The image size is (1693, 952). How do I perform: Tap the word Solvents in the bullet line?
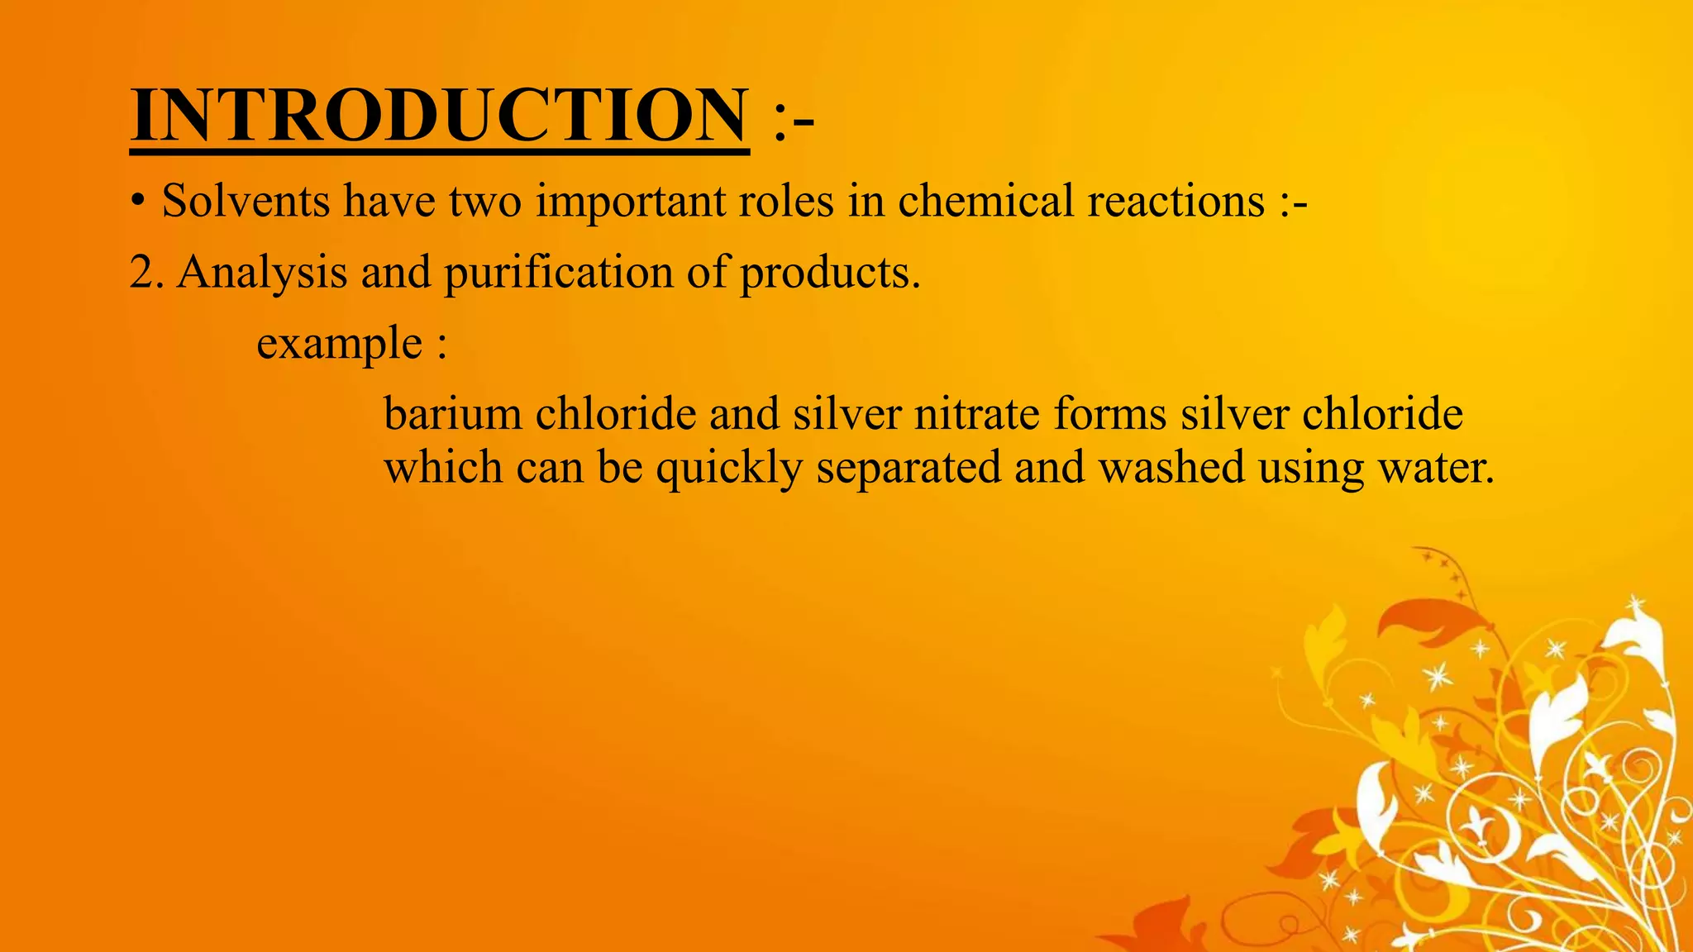coord(246,201)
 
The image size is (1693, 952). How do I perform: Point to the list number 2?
coord(142,273)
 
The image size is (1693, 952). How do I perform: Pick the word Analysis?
coord(263,273)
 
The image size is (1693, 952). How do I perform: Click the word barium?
coord(453,413)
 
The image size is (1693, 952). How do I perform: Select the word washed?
coord(1171,467)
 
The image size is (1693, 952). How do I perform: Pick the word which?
coord(443,467)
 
